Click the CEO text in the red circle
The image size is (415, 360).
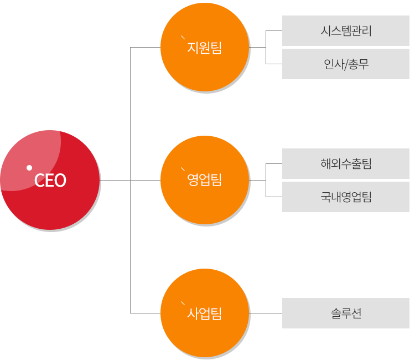click(x=50, y=181)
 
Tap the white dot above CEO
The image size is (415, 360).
click(x=29, y=168)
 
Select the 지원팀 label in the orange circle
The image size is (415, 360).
click(x=204, y=48)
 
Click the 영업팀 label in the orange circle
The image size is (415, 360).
click(x=204, y=180)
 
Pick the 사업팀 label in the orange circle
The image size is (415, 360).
click(x=204, y=313)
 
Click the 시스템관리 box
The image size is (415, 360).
click(x=346, y=30)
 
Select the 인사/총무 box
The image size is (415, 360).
click(x=346, y=64)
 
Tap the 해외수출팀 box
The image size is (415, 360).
click(x=346, y=164)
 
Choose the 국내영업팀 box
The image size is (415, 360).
click(x=346, y=197)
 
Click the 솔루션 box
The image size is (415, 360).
click(x=346, y=313)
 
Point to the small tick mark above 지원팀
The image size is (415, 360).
click(x=183, y=37)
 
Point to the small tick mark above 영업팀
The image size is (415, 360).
click(x=183, y=169)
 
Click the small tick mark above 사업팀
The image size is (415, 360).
click(x=183, y=304)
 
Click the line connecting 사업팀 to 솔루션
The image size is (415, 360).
click(x=266, y=313)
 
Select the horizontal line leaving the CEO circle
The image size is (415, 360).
click(x=115, y=180)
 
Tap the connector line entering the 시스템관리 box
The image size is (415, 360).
click(x=274, y=30)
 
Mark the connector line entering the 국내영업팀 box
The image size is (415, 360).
click(x=274, y=197)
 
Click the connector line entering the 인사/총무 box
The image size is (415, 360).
click(x=274, y=64)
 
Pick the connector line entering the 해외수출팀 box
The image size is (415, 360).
click(x=274, y=164)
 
